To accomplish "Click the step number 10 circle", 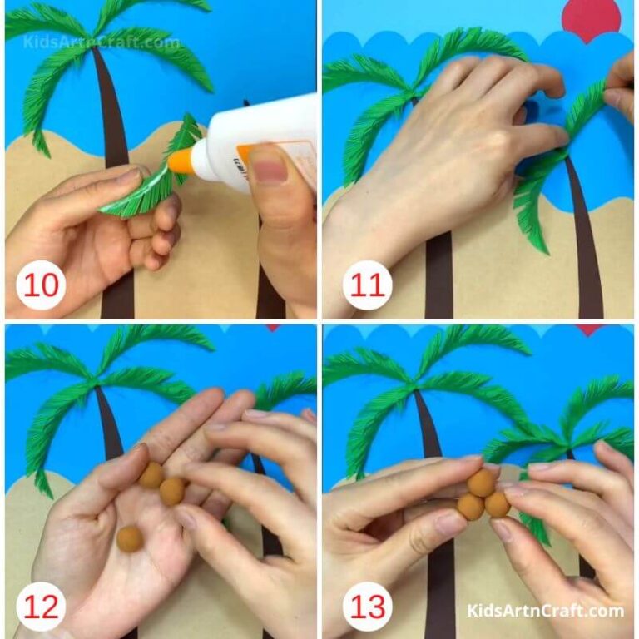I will (x=42, y=285).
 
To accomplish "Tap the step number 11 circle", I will (x=367, y=285).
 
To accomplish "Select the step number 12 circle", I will (x=42, y=605).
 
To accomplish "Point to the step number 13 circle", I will (x=367, y=605).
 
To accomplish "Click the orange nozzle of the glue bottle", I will (x=181, y=160).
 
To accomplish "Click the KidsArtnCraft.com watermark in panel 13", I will (x=545, y=611).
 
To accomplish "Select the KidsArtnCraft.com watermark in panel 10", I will (x=101, y=42).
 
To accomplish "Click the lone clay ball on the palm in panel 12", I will (x=129, y=538).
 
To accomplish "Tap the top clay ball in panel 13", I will (x=482, y=483).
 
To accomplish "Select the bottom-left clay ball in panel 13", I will (x=471, y=507).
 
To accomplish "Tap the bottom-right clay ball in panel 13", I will (x=497, y=503).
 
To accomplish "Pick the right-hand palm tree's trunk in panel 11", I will (x=587, y=250).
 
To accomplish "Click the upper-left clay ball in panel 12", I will (x=151, y=475).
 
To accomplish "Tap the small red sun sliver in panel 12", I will (x=273, y=328).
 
